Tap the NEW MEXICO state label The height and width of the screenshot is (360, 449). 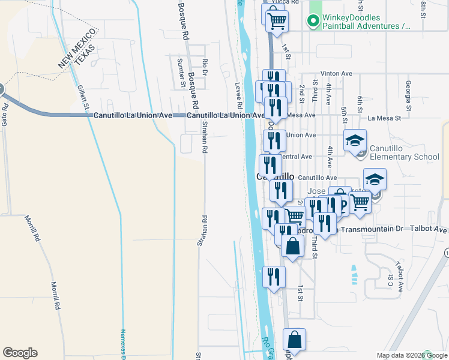[77, 46]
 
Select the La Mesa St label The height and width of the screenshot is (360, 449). [384, 118]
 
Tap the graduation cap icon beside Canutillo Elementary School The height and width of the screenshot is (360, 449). [355, 140]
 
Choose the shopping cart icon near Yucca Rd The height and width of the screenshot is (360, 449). [276, 21]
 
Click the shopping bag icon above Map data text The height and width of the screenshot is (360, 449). [294, 340]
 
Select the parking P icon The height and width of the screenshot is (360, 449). [343, 206]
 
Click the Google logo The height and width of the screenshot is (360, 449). [20, 353]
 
